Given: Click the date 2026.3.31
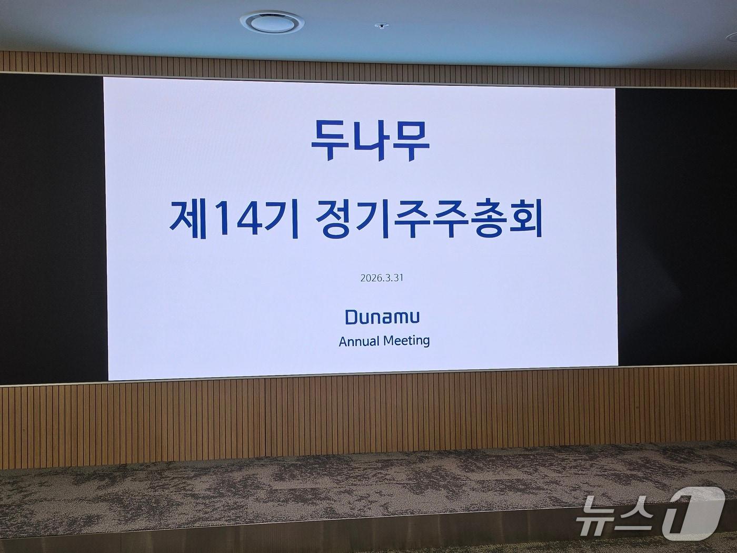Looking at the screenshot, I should pyautogui.click(x=382, y=278).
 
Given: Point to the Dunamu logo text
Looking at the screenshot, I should pyautogui.click(x=382, y=317).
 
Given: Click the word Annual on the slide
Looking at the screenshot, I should pyautogui.click(x=358, y=341).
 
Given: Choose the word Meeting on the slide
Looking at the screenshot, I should pyautogui.click(x=406, y=341).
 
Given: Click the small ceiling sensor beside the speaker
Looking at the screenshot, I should pyautogui.click(x=381, y=25).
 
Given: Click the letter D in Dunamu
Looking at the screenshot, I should pyautogui.click(x=352, y=317).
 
